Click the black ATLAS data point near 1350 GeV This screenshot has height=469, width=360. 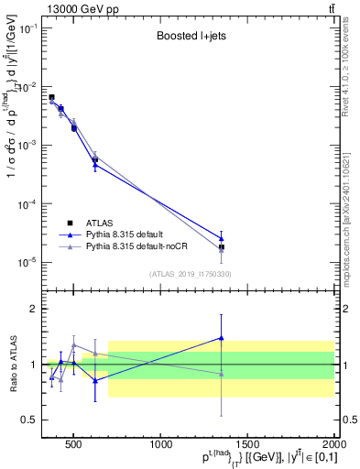coord(222,247)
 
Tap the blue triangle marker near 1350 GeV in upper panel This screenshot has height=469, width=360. coord(222,238)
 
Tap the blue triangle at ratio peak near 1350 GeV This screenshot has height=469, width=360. coord(222,338)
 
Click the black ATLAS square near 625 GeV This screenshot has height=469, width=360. coord(95,160)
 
